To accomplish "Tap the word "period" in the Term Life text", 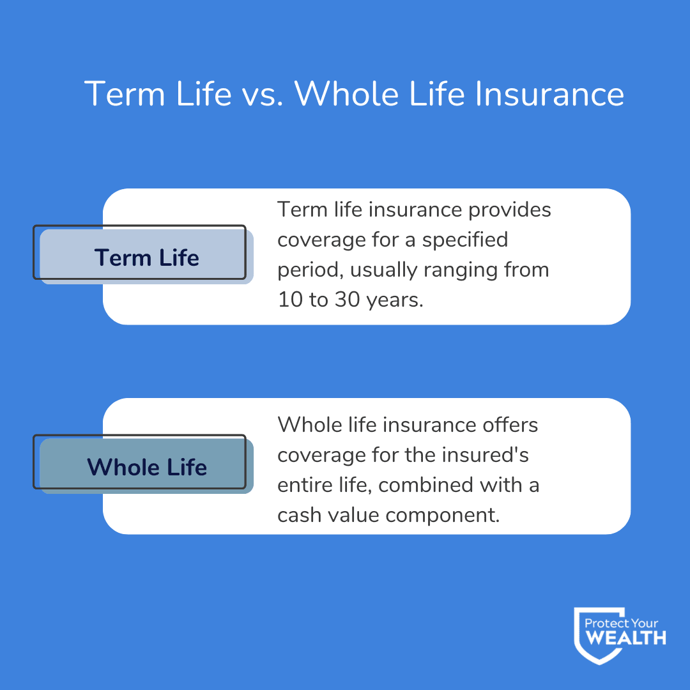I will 305,270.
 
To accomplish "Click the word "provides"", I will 511,210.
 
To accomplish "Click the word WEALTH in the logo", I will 626,638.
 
